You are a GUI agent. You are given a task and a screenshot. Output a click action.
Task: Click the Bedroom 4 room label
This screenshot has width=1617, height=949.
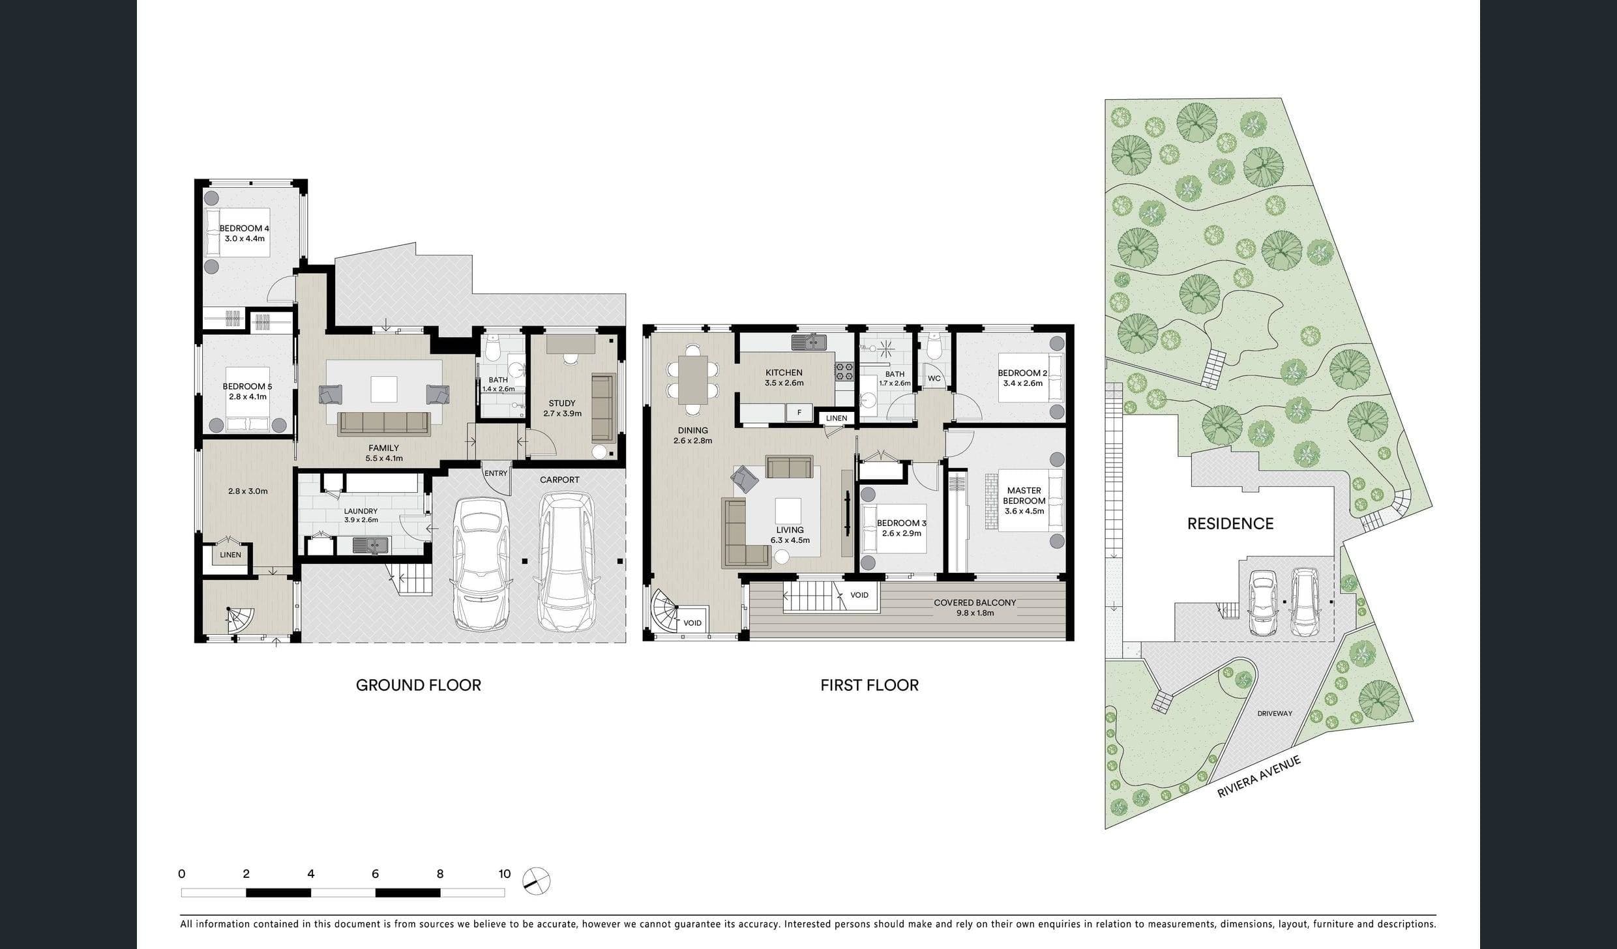tap(244, 228)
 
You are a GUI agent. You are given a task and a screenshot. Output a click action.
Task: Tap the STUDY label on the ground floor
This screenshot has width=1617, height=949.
tap(562, 403)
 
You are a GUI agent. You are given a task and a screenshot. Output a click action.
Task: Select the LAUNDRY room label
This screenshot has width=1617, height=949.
tap(361, 512)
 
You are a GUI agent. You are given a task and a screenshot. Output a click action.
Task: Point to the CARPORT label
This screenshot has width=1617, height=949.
tap(559, 480)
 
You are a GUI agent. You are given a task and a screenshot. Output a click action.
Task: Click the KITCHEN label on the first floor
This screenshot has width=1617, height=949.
tap(784, 373)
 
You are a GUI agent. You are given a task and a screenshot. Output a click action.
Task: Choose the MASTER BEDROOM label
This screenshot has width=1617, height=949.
tap(1024, 495)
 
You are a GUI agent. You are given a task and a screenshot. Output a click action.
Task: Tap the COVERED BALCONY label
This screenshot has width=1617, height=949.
tap(975, 603)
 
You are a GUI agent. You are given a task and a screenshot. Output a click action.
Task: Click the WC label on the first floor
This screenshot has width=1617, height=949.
tap(934, 379)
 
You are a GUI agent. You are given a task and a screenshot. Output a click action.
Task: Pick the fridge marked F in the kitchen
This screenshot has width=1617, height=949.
tap(799, 413)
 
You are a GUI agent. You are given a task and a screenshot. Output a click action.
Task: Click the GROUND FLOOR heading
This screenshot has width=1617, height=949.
tap(419, 685)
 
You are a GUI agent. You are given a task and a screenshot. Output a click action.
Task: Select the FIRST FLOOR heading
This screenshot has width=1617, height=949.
tap(869, 685)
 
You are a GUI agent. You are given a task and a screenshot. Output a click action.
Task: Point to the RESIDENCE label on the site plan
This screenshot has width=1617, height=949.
tap(1230, 524)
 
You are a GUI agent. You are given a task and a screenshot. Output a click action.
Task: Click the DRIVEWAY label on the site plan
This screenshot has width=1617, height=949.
tap(1275, 714)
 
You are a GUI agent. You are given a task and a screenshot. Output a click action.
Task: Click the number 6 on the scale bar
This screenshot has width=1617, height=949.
tap(375, 874)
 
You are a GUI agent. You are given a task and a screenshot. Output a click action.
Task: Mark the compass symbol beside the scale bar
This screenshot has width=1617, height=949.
tap(537, 881)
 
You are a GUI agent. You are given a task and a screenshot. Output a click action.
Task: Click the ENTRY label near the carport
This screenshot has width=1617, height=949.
tap(496, 473)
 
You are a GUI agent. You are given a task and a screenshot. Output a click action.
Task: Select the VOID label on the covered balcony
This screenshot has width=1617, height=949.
tap(859, 595)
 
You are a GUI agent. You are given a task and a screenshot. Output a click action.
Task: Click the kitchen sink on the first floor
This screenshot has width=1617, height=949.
tap(808, 342)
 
